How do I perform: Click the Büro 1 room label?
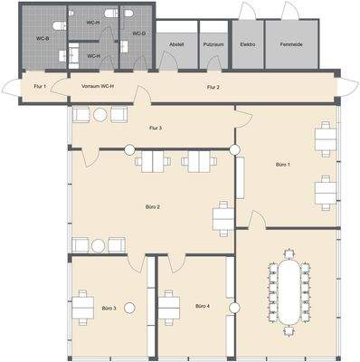[282, 165]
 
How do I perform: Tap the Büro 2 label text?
[153, 207]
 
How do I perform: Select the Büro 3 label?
[109, 307]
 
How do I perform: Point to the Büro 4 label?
[202, 307]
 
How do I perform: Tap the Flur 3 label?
[155, 129]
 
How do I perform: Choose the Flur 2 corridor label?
[213, 87]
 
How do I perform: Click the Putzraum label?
[213, 43]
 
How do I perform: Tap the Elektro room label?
[247, 43]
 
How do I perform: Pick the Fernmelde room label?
[290, 43]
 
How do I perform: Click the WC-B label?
[42, 39]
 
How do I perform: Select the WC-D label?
[137, 33]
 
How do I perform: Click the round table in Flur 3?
[99, 114]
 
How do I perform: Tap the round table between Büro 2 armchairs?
[99, 243]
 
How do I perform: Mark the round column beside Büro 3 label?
[129, 308]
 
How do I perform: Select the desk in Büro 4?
[167, 308]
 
